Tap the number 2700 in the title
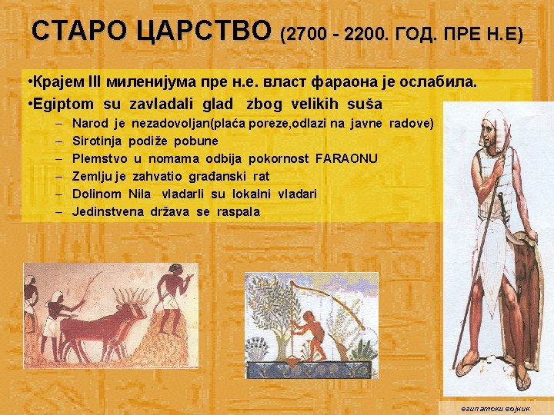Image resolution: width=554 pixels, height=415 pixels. point(306,35)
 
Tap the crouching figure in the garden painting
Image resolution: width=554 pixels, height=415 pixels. point(312,331)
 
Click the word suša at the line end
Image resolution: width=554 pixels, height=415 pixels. point(367,105)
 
